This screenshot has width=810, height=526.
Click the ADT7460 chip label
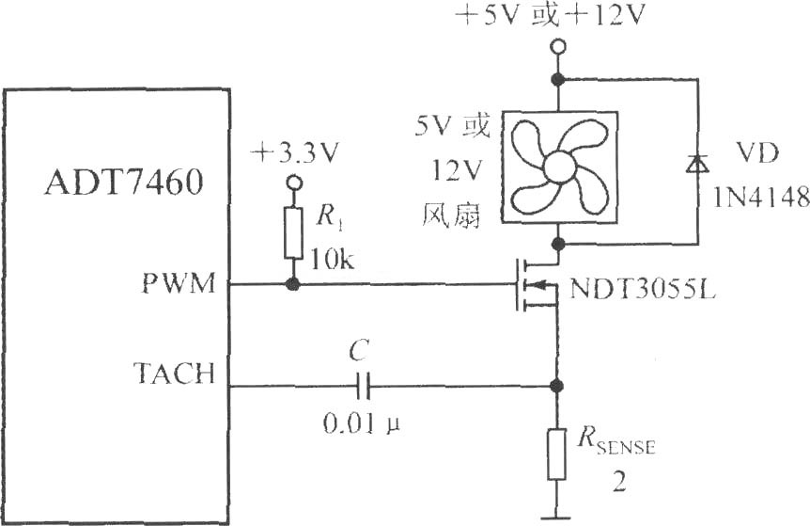(123, 182)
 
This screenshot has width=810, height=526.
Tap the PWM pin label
(179, 283)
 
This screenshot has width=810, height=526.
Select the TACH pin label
(174, 373)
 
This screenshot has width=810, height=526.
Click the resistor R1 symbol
(293, 232)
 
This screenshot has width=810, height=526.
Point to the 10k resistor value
(332, 261)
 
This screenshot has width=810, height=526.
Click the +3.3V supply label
(295, 153)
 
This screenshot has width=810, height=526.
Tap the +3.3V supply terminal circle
(294, 183)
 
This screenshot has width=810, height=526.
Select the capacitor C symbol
(363, 387)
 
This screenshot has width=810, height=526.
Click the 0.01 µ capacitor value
(362, 424)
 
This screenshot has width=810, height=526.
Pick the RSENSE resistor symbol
(556, 454)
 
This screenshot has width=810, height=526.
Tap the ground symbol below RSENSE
(556, 516)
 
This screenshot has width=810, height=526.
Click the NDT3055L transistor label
(643, 290)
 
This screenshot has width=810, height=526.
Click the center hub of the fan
(559, 167)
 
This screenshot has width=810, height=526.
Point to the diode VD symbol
(697, 163)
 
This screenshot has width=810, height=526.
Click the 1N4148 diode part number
(761, 197)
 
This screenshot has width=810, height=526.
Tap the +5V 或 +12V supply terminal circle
(558, 47)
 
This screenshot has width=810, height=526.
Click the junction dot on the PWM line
(293, 284)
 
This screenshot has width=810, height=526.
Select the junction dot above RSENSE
(556, 386)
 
